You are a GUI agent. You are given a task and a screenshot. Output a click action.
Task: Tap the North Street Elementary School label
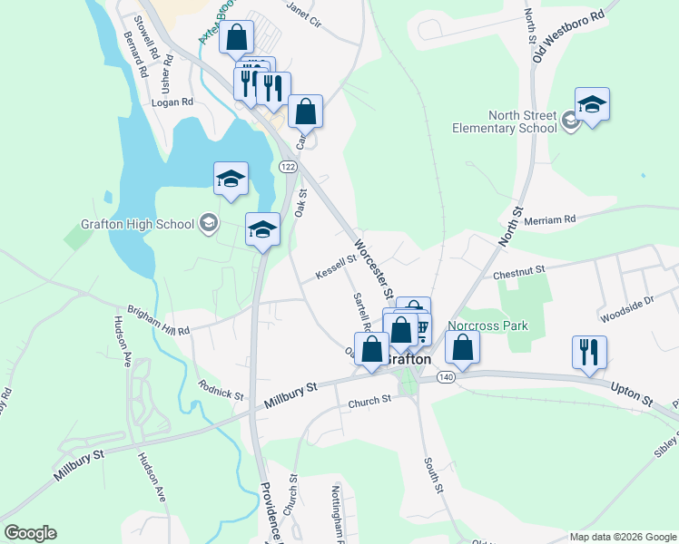[x=504, y=121]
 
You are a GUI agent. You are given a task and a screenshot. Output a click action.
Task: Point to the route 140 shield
[x=445, y=374]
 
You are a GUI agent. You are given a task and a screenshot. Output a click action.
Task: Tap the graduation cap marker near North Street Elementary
[x=591, y=104]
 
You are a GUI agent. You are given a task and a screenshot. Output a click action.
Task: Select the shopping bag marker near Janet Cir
[x=236, y=38]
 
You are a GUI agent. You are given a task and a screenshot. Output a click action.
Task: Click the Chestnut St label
[x=518, y=270]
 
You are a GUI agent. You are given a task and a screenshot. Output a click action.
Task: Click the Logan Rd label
[x=172, y=102]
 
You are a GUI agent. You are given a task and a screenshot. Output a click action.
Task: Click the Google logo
[x=30, y=533]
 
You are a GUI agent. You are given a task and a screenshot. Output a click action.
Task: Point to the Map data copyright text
[x=622, y=537]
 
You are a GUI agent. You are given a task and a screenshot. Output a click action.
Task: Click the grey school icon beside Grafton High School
[x=209, y=224]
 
